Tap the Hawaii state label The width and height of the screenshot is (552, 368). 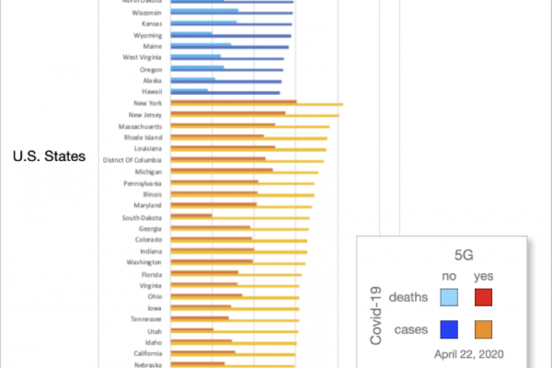pos(152,92)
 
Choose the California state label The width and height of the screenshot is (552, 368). pos(145,352)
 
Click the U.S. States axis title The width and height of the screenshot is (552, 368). pos(49,157)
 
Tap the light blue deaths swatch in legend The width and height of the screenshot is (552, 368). pos(450,297)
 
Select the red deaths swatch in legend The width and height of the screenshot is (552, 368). pos(483,297)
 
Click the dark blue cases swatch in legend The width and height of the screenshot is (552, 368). pos(450,328)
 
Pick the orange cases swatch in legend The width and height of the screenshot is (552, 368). pos(483,328)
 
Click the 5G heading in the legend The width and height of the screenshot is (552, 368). pos(465,252)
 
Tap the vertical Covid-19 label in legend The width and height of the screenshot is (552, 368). pos(375,315)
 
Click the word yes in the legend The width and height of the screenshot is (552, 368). pos(483,276)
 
